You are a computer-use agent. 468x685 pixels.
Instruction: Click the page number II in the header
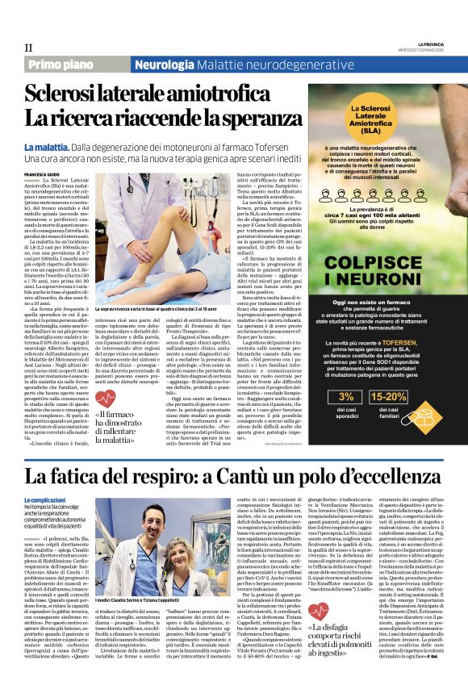coord(28,48)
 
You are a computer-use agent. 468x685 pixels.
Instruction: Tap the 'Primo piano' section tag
coord(58,65)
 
